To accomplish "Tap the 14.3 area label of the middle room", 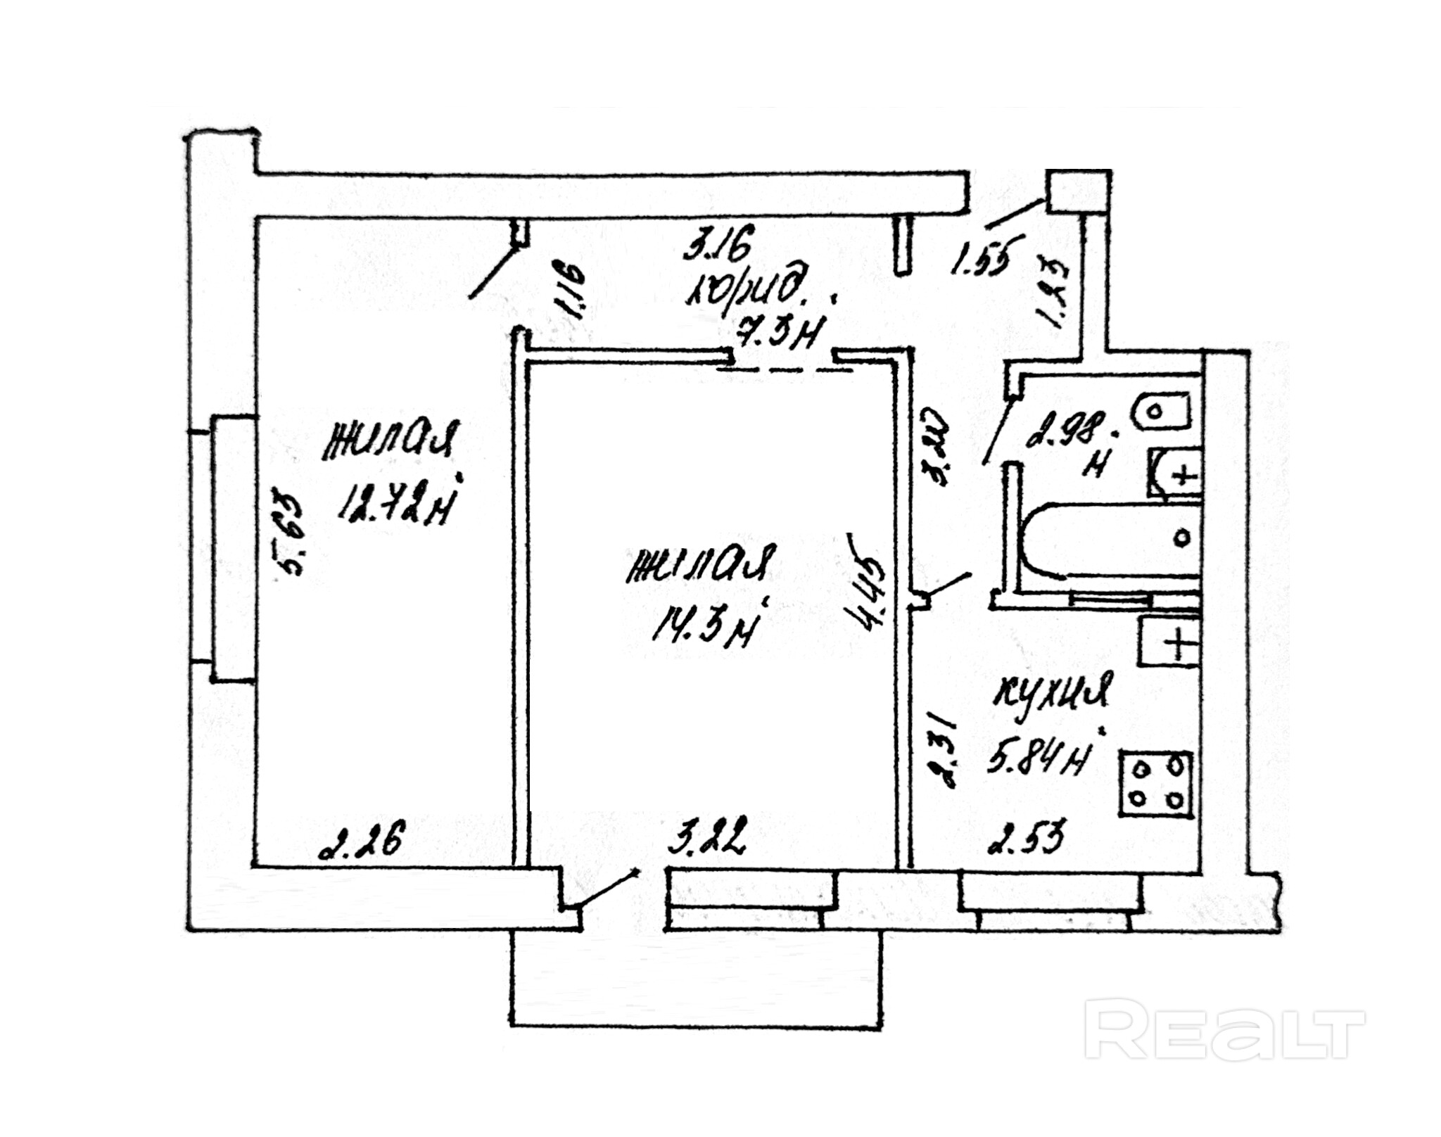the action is (x=704, y=625).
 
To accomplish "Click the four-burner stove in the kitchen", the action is (x=1156, y=785).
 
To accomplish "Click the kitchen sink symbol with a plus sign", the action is (x=1169, y=640).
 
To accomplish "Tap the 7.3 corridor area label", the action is (x=778, y=330).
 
